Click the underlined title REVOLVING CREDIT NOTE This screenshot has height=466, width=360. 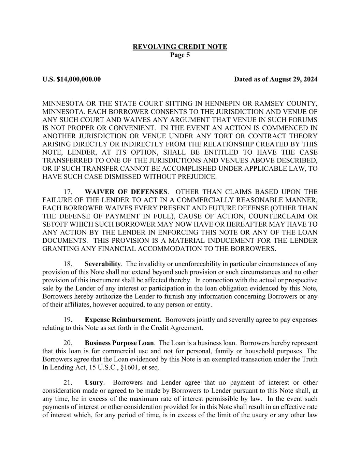pyautogui.click(x=180, y=47)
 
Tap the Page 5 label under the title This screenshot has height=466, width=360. pyautogui.click(x=180, y=55)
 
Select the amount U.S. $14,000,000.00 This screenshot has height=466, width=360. pyautogui.click(x=72, y=80)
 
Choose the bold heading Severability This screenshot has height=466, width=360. pyautogui.click(x=102, y=264)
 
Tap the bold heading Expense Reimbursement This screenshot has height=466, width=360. pyautogui.click(x=123, y=320)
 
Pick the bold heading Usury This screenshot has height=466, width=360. pyautogui.click(x=94, y=383)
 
